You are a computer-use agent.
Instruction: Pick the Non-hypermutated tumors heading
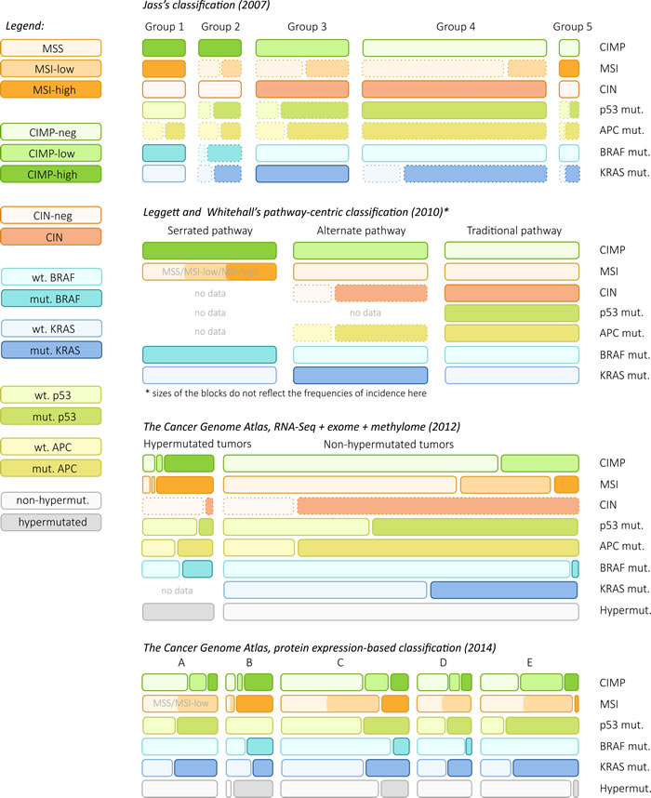coord(389,446)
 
